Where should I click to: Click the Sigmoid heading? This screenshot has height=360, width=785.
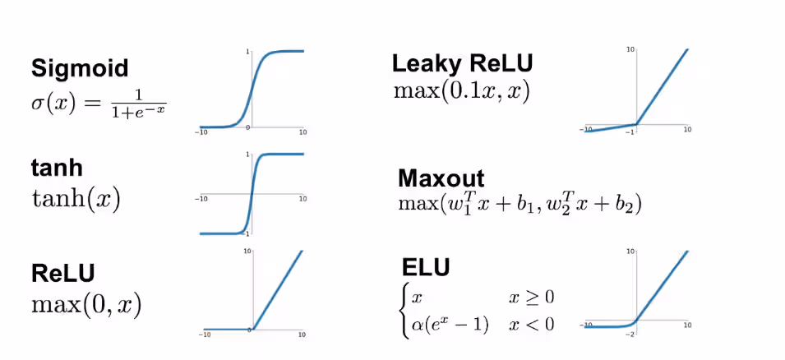[80, 68]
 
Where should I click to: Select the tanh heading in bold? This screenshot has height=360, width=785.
[57, 168]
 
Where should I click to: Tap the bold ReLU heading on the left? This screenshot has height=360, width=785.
[62, 274]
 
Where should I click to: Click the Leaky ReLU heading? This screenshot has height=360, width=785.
[462, 63]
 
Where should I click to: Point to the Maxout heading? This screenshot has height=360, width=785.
[441, 178]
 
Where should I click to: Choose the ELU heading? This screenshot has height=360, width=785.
[426, 267]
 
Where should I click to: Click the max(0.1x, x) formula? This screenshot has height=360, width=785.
[461, 92]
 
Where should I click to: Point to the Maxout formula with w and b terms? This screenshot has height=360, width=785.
[519, 205]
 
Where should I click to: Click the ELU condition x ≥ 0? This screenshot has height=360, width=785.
[531, 298]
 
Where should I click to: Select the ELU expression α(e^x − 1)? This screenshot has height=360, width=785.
[449, 325]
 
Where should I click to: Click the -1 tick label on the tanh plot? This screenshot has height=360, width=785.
[247, 233]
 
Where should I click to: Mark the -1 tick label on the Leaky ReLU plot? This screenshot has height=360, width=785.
[632, 132]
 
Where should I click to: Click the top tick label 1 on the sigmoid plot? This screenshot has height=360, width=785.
[248, 52]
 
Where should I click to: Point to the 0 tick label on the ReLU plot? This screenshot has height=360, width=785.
[249, 330]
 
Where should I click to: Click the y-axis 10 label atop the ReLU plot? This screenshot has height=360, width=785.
[247, 251]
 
